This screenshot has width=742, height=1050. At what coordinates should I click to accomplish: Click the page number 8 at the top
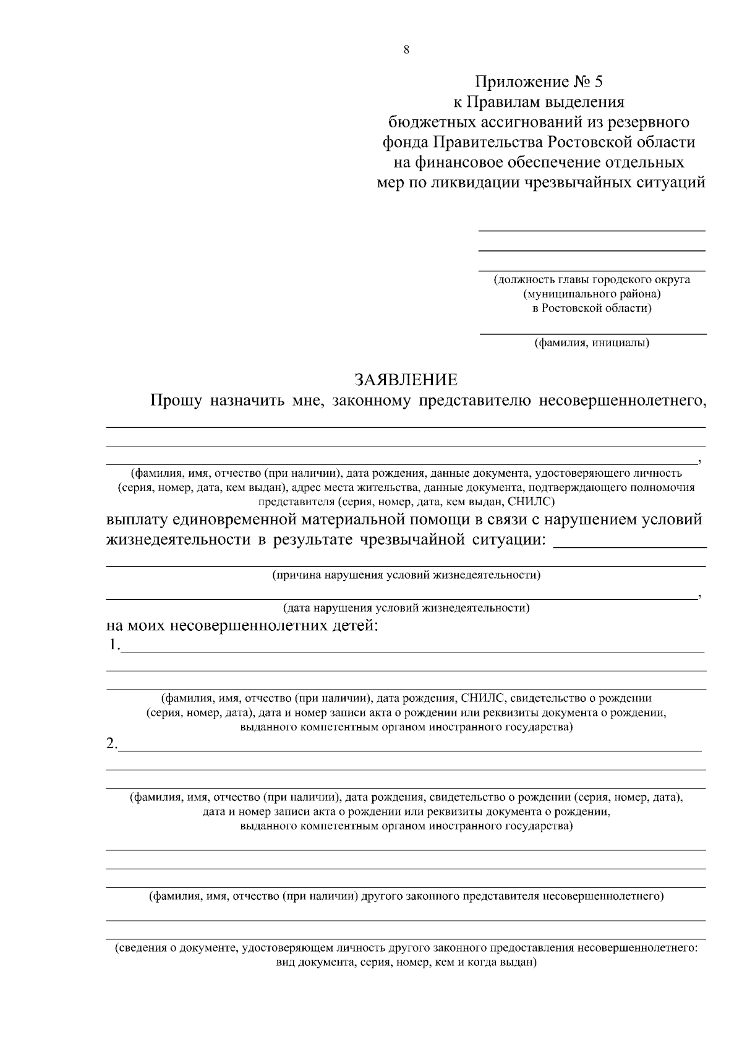coord(406,51)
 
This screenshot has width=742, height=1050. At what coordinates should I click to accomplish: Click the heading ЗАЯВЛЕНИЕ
coord(406,379)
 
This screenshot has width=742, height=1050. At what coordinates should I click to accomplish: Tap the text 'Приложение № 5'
coord(537,82)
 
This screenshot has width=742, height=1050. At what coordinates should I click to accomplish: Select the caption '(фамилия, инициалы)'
coord(592,342)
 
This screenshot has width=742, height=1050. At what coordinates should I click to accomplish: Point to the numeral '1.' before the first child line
coord(114,645)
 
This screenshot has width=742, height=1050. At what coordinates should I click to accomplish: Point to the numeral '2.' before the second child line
coord(112,744)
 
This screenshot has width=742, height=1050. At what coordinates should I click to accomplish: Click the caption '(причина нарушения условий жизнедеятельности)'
coord(406,575)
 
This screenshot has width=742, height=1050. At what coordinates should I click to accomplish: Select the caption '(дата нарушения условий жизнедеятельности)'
coord(406,607)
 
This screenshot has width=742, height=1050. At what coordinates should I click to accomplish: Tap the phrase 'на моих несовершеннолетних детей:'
coord(242,626)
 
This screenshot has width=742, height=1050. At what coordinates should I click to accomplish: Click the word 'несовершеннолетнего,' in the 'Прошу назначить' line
coord(623,401)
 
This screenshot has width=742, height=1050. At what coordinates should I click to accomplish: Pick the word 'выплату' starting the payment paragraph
coord(134,519)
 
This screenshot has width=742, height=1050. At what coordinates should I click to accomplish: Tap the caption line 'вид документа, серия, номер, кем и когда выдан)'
coord(406,963)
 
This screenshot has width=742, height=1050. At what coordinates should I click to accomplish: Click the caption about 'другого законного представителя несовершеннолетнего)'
coord(406,896)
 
